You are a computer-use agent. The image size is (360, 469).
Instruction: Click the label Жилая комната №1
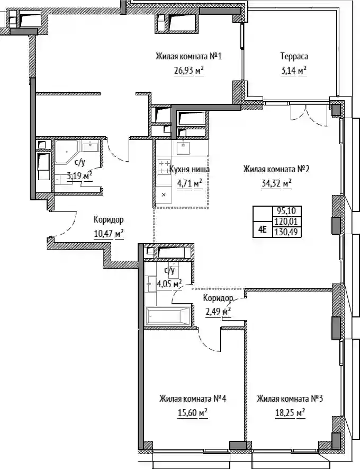click(188, 56)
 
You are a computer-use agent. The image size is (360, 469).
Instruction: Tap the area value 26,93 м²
click(189, 70)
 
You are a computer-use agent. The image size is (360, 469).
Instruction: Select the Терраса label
click(294, 56)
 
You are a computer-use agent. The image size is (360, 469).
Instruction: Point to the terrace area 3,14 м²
click(294, 70)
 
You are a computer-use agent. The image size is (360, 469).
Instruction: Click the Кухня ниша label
click(190, 169)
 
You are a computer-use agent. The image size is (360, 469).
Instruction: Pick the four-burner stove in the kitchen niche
click(164, 167)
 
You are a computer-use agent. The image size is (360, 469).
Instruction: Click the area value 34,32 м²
click(276, 183)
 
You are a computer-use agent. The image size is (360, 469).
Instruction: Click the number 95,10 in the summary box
click(286, 211)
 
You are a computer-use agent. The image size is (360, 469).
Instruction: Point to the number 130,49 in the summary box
click(287, 232)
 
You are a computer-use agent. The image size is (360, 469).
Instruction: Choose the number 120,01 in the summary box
click(287, 222)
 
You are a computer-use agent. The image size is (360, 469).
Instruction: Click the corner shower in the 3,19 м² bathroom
click(66, 152)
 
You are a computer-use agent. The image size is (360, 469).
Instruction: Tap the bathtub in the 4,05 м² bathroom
click(168, 316)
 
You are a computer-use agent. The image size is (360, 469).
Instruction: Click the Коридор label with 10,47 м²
click(109, 220)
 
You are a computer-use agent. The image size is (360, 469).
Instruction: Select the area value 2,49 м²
click(219, 312)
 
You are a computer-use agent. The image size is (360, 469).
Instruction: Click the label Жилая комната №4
click(193, 399)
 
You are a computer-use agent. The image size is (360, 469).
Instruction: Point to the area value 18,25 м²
click(290, 413)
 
